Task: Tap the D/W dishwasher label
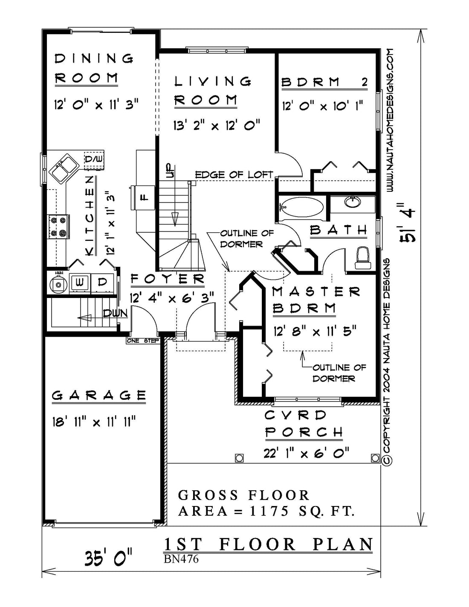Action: click(x=94, y=159)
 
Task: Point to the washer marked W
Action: click(x=80, y=283)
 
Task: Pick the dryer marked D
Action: click(x=102, y=283)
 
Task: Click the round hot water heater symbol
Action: click(x=58, y=285)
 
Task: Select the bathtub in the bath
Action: click(x=302, y=207)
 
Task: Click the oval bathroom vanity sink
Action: click(x=352, y=201)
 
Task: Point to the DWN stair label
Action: click(x=116, y=313)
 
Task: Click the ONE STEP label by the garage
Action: click(x=143, y=341)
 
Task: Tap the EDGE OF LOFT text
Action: click(x=234, y=175)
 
